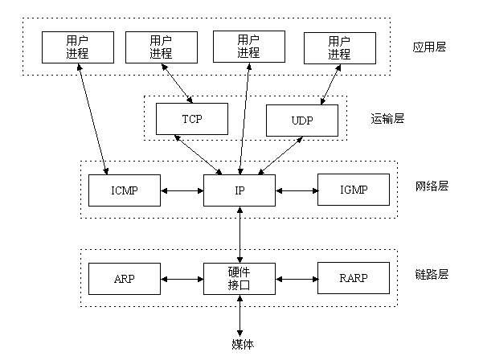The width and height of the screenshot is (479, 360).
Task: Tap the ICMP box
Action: pos(124,191)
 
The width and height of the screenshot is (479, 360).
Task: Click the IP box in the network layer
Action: pos(239,191)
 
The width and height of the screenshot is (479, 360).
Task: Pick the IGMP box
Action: pos(354,191)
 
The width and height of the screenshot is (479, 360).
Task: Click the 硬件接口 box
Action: pos(239,279)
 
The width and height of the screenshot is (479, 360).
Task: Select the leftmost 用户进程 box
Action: pos(78,47)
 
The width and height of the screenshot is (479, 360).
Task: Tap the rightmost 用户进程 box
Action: pos(339,47)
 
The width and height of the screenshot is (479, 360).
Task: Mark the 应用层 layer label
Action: pos(429,47)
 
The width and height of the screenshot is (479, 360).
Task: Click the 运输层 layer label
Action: pos(387,119)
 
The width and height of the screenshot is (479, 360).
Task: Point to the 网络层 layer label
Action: pos(432,186)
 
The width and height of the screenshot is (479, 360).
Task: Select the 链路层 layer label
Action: pos(432,274)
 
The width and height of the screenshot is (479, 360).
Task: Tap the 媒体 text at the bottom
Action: pos(239,345)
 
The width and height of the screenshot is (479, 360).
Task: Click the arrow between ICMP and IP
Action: pos(181,191)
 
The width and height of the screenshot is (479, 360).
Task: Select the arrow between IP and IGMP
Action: pos(297,191)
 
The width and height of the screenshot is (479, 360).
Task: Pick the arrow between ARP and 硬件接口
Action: pos(181,280)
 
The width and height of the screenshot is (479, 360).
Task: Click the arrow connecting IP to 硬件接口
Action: pos(239,234)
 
